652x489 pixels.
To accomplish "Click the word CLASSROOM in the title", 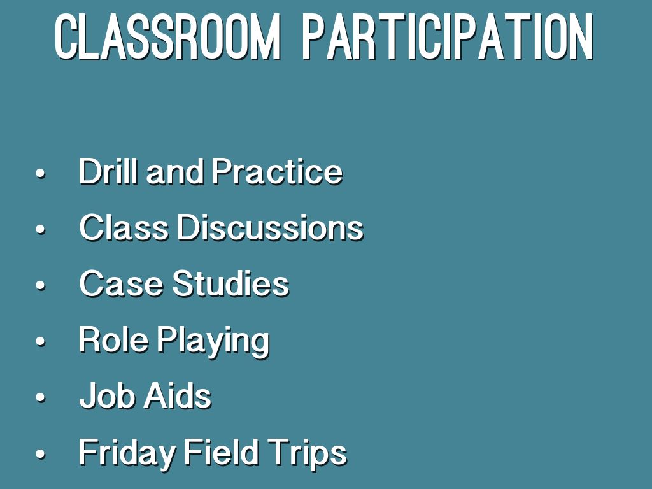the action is click(167, 37).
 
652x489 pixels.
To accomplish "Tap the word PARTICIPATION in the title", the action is click(448, 37).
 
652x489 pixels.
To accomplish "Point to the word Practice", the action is click(278, 171).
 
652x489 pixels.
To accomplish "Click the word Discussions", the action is click(271, 227).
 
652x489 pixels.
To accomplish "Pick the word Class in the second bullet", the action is click(124, 227).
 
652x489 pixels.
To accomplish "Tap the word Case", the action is click(121, 283).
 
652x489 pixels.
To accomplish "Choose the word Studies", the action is click(230, 283).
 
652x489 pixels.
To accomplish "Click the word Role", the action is click(113, 340).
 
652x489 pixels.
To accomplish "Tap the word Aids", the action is click(178, 396).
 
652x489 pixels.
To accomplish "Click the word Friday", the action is click(127, 453).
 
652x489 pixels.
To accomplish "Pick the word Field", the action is click(221, 452).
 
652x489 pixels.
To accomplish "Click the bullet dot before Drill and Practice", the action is click(40, 173).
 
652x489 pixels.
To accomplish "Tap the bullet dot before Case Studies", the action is click(40, 286).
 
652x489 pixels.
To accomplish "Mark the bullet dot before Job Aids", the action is click(40, 398).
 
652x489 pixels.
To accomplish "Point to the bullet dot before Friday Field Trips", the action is click(40, 454).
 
